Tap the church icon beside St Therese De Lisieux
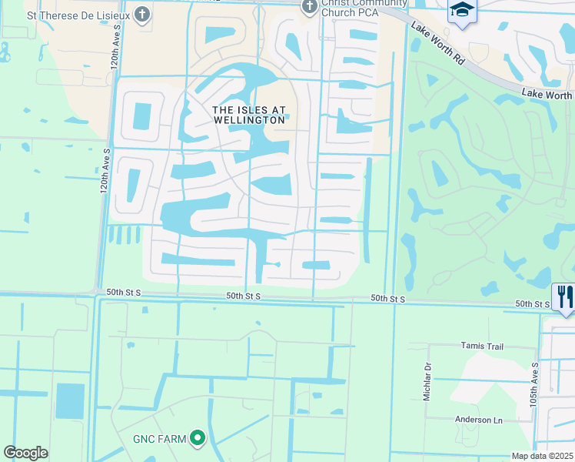coord(142,14)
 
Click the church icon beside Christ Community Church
coord(309,7)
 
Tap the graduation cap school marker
coord(463,10)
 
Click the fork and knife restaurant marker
coord(564,296)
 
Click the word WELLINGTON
coord(249,120)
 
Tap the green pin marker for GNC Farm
coord(198,438)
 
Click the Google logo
coord(25,453)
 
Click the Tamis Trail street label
coord(481,346)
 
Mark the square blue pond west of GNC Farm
coord(70,400)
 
